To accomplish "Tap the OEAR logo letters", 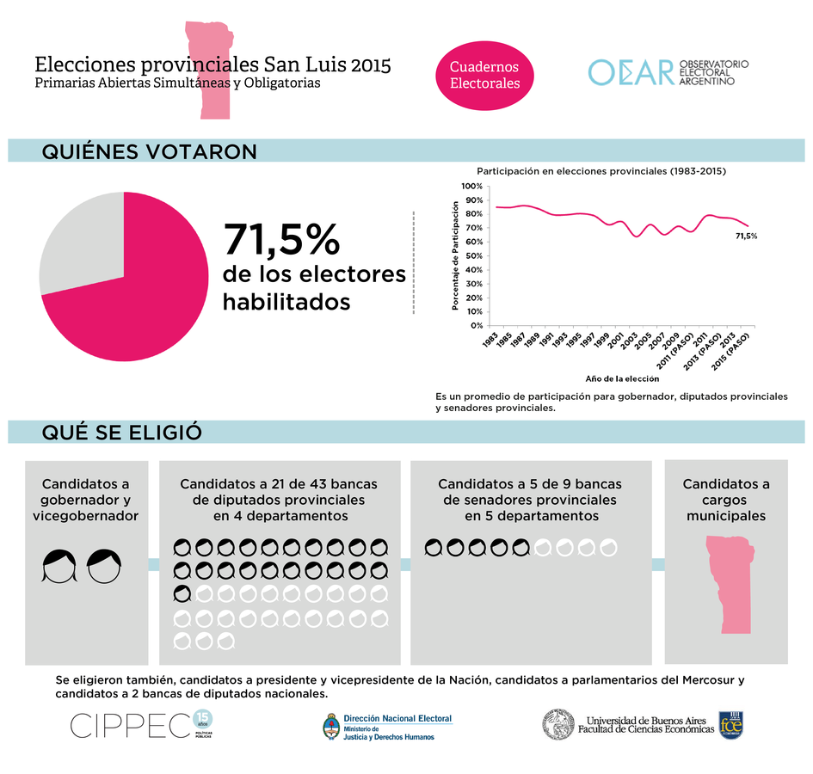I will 630,73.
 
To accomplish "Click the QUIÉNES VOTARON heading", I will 149,152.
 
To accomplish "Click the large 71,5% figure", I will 282,240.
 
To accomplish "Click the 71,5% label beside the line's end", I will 746,236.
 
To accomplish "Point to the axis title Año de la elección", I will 622,378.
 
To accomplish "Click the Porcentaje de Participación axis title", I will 455,255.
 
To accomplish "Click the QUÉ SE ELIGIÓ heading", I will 122,433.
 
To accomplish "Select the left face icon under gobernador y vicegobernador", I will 59,566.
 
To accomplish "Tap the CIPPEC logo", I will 129,725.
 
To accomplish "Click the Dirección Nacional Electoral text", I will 397,719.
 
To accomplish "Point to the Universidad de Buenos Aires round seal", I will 558,724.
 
